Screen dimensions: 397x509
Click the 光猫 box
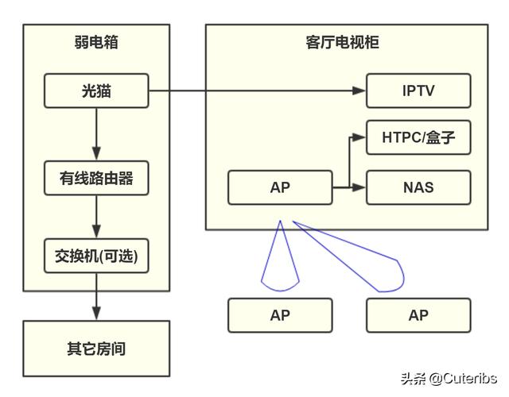96,91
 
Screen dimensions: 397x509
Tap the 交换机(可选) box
96,256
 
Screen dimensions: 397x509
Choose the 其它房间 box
96,348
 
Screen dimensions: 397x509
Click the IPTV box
418,91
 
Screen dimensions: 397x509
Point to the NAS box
418,187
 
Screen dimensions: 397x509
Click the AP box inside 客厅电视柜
280,187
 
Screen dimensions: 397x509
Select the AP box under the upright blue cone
280,315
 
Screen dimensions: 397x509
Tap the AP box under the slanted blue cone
418,315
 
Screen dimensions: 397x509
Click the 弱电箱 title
96,42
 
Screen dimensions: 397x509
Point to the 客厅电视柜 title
347,42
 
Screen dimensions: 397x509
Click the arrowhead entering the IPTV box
360,91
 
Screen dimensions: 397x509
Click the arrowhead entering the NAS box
360,187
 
